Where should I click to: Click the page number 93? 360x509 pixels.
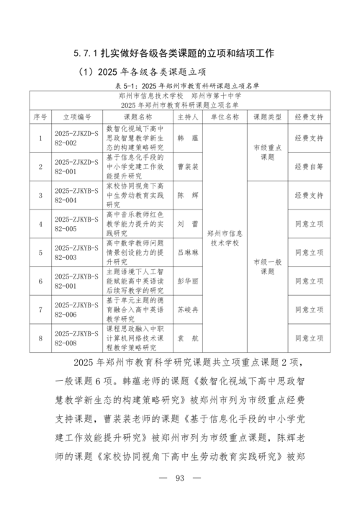tap(180, 479)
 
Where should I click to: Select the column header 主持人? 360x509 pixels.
tap(187, 116)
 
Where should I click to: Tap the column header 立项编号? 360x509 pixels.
tap(77, 116)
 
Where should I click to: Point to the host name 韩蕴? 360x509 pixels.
tap(187, 138)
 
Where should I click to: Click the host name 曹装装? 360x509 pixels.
tap(187, 166)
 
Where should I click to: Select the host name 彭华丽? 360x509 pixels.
tap(187, 281)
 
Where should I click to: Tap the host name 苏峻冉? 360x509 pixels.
tap(187, 310)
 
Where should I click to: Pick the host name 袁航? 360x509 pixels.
tap(187, 338)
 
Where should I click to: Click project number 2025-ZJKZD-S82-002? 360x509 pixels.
tap(77, 138)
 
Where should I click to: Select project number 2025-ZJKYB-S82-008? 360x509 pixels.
tap(77, 338)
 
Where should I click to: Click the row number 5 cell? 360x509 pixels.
tap(40, 253)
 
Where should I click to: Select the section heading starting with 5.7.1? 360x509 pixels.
tap(180, 53)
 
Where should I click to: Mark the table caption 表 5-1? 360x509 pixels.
tap(180, 85)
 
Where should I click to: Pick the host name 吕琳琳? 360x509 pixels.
tap(187, 253)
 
